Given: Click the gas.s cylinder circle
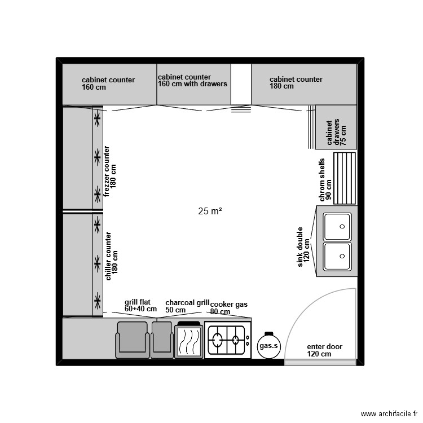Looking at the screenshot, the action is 268,346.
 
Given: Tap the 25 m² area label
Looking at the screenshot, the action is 210,211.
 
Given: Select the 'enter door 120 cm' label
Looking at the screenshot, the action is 324,350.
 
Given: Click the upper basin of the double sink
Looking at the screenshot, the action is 337,227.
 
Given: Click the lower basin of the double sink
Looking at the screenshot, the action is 337,256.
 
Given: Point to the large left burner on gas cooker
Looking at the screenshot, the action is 217,340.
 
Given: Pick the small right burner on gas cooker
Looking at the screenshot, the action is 236,340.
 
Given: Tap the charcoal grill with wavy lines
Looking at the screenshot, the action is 189,340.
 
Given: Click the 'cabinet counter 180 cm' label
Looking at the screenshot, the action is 296,82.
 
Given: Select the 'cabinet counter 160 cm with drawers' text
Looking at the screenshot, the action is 192,81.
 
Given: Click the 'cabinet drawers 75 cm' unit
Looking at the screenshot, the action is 336,127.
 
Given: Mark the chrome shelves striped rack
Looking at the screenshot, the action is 345,178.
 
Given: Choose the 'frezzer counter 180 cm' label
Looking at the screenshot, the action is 110,171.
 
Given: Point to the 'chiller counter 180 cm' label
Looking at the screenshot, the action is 112,256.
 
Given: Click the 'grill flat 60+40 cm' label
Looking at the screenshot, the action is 140,305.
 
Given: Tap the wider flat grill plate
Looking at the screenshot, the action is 133,340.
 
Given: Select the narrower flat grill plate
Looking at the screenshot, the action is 162,340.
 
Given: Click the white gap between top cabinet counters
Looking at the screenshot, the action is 241,84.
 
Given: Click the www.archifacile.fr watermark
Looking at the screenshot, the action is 389,414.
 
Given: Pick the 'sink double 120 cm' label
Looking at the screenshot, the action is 303,247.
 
